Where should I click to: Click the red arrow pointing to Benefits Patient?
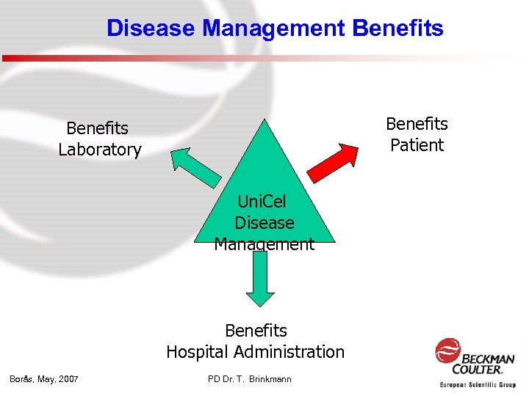click(334, 162)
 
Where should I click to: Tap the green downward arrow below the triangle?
click(259, 279)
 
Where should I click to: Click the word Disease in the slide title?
click(151, 29)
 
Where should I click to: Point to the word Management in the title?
click(275, 29)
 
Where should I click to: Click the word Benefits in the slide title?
click(398, 29)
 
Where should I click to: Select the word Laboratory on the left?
click(100, 150)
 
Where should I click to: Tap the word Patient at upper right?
click(417, 145)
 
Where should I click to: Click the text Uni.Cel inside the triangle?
click(262, 201)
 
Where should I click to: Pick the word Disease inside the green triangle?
click(264, 222)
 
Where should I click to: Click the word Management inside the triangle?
click(264, 243)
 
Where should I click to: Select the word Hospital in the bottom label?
click(196, 352)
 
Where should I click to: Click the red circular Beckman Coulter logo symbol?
click(448, 351)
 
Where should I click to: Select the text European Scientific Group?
click(478, 384)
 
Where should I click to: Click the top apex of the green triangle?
click(264, 122)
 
